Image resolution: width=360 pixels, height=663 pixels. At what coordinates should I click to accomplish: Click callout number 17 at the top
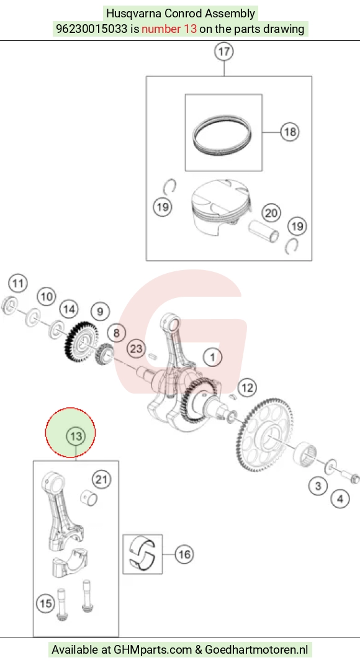point(224,52)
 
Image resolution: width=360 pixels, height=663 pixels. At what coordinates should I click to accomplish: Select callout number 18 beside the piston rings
point(290,132)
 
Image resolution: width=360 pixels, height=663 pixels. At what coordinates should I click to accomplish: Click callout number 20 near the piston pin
point(271,213)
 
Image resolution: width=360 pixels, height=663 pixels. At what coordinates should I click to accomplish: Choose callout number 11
point(17,283)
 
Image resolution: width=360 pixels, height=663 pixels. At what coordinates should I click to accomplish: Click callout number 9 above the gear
point(100,312)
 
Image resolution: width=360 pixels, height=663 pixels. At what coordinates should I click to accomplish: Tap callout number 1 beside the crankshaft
point(212,358)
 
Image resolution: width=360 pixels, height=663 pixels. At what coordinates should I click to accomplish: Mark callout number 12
point(247,388)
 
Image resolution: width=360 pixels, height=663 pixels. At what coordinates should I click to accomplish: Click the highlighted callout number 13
point(76,436)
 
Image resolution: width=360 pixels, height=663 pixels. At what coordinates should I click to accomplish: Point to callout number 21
point(101,479)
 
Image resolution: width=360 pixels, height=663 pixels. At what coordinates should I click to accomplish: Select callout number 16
point(184,554)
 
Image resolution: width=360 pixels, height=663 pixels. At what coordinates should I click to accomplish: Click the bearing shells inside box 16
point(142,554)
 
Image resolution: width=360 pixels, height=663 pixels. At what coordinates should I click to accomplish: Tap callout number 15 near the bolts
point(46,603)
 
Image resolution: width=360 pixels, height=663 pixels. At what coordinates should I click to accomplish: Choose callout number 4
point(340,499)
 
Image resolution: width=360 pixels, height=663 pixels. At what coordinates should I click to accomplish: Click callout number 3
point(318,486)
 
